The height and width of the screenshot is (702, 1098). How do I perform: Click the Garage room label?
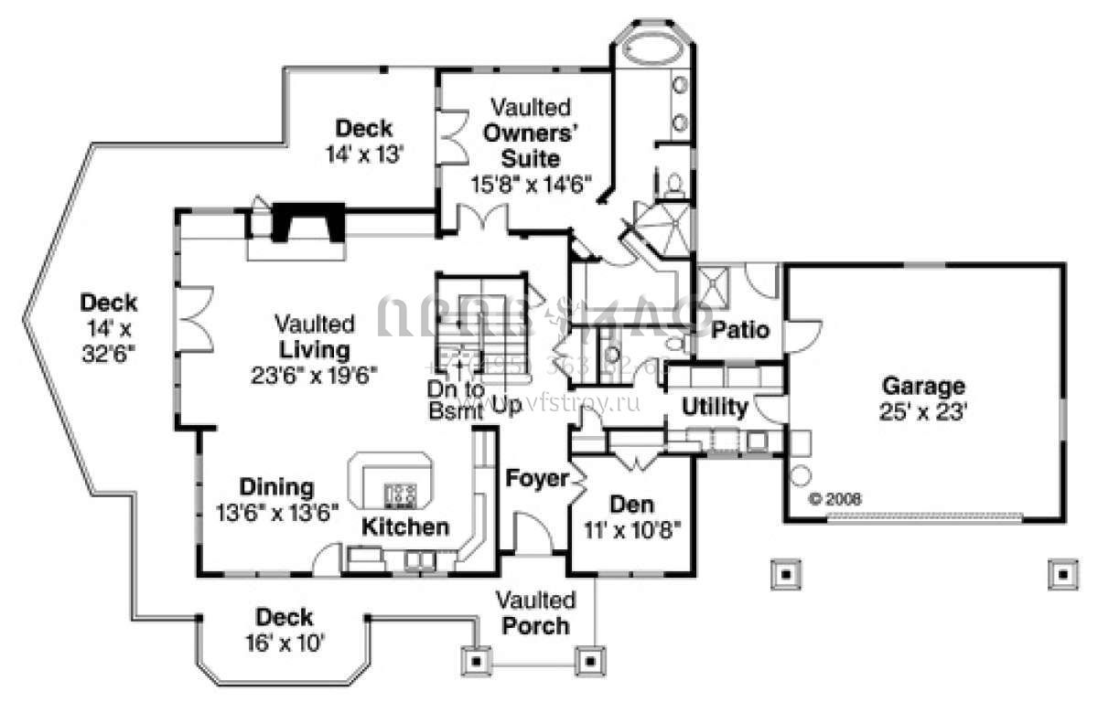click(923, 385)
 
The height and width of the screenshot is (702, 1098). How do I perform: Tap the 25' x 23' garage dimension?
click(923, 411)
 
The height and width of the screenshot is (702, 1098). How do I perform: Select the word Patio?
click(740, 329)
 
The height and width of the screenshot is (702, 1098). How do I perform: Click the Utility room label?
click(716, 408)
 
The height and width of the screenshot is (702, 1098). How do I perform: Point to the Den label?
click(630, 504)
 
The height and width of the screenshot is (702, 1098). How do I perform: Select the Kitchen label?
click(405, 526)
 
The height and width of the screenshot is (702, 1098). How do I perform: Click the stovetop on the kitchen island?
click(400, 495)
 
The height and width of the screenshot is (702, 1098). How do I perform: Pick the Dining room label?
click(276, 487)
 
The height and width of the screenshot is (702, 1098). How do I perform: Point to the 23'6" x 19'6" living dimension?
click(315, 374)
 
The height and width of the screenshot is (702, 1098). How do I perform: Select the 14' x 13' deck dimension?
click(364, 154)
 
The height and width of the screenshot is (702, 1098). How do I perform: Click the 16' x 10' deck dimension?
click(284, 643)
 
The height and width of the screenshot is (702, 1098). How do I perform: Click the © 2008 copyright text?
click(835, 500)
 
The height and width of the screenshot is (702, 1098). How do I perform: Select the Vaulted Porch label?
click(536, 613)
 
